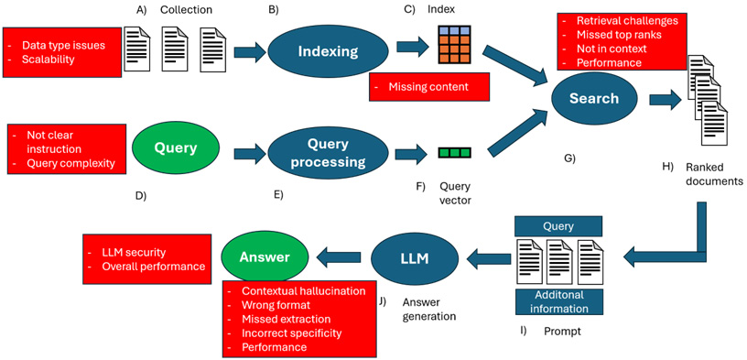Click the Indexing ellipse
click(x=328, y=51)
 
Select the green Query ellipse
click(x=176, y=147)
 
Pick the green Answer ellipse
click(x=265, y=257)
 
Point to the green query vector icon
click(x=454, y=153)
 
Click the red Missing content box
click(x=428, y=87)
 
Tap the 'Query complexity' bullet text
click(x=70, y=163)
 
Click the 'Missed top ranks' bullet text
click(x=618, y=35)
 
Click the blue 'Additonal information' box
click(x=558, y=303)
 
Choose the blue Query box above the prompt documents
click(x=558, y=226)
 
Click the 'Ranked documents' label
click(x=714, y=174)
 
